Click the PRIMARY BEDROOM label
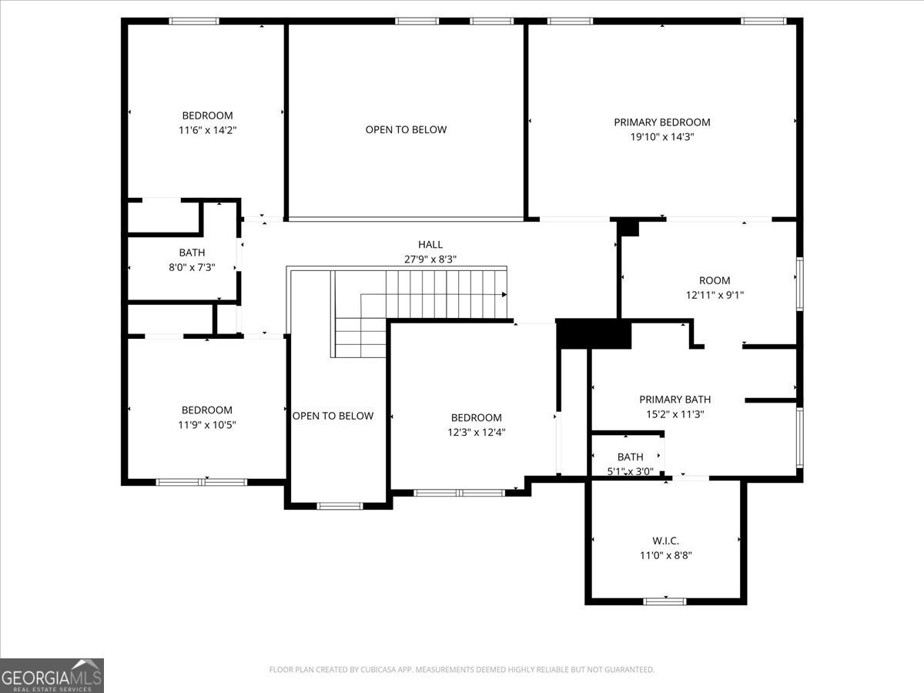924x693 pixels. pyautogui.click(x=661, y=122)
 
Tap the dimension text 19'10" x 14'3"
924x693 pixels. pyautogui.click(x=661, y=137)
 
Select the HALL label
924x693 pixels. pyautogui.click(x=430, y=244)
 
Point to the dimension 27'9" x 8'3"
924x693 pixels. pyautogui.click(x=430, y=259)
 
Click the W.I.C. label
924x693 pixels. pyautogui.click(x=665, y=541)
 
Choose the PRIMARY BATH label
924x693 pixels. pyautogui.click(x=675, y=399)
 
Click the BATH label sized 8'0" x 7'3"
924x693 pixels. pyautogui.click(x=192, y=252)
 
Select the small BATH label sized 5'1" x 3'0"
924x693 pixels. pyautogui.click(x=630, y=457)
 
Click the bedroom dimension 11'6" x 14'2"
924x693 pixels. pyautogui.click(x=207, y=130)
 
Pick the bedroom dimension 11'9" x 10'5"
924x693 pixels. pyautogui.click(x=206, y=424)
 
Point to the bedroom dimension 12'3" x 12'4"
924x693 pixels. pyautogui.click(x=476, y=432)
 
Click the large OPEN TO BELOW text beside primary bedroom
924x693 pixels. pyautogui.click(x=406, y=129)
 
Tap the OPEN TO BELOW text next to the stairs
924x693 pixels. pyautogui.click(x=333, y=416)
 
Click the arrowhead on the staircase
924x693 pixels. pyautogui.click(x=504, y=294)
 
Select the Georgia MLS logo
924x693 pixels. pyautogui.click(x=52, y=675)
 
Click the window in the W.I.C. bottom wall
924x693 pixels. pyautogui.click(x=665, y=601)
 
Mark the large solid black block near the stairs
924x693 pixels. pyautogui.click(x=593, y=334)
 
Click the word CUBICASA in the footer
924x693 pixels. pyautogui.click(x=378, y=670)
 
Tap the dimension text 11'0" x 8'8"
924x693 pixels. pyautogui.click(x=665, y=555)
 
